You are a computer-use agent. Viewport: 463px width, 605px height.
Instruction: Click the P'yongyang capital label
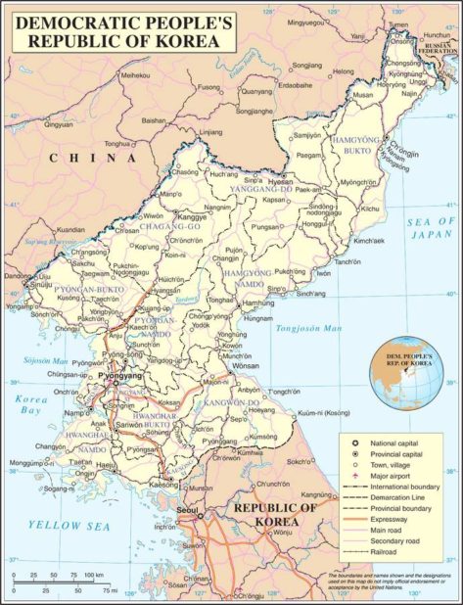tap(120, 376)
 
